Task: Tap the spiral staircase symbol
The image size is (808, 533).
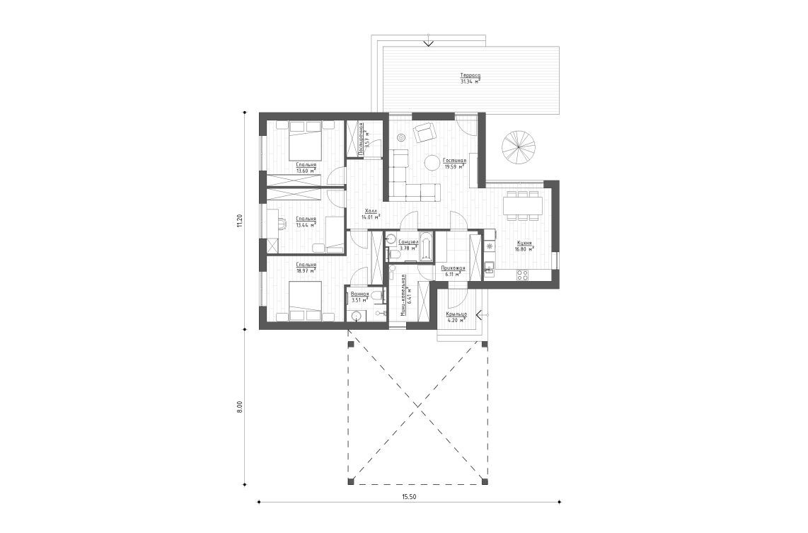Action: pos(519,147)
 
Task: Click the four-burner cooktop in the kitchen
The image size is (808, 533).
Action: pos(524,275)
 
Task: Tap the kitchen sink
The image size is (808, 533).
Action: pos(489,268)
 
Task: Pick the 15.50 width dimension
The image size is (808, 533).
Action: pos(408,496)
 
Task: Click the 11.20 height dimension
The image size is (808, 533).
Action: pos(240,220)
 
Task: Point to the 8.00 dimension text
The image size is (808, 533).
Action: pos(240,407)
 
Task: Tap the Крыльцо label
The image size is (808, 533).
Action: pos(456,314)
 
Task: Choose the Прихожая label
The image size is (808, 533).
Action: pos(451,268)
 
